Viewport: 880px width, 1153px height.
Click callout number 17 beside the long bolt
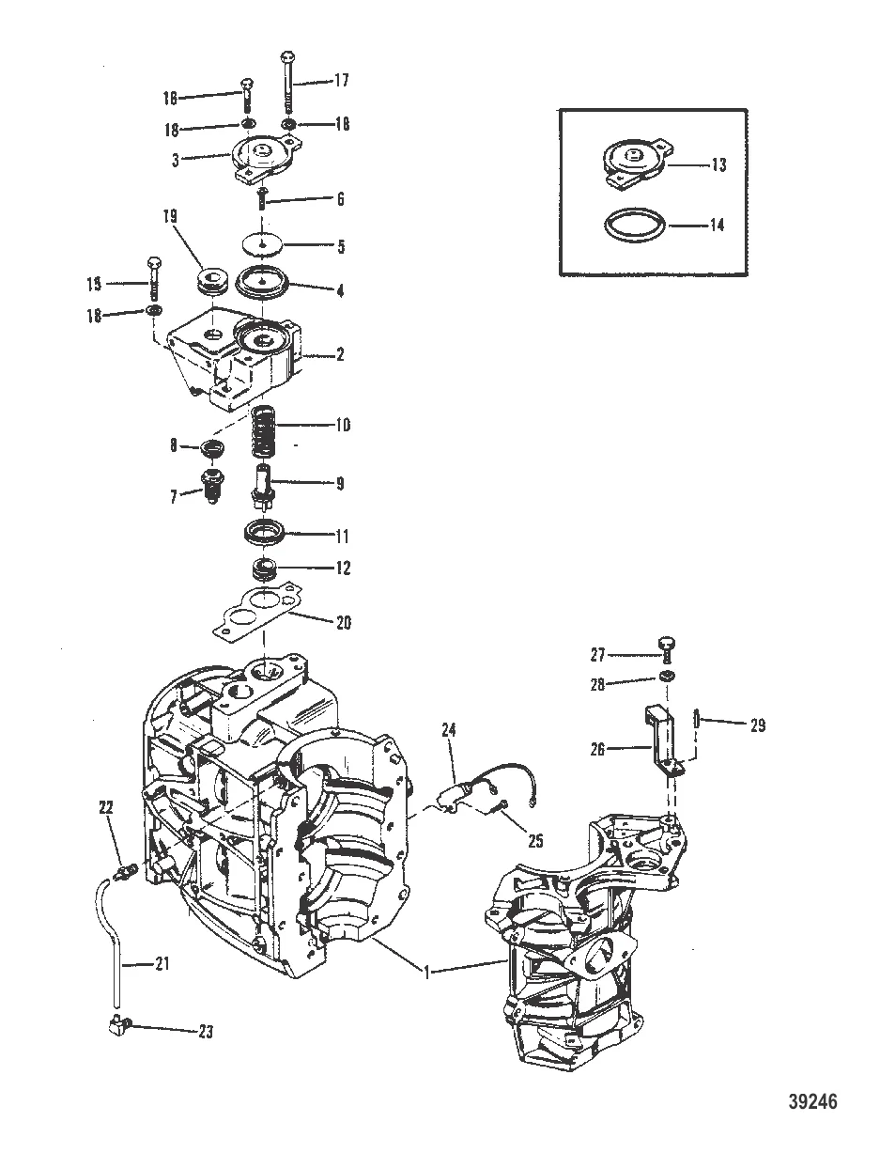(340, 81)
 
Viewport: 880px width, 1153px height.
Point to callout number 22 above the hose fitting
(105, 807)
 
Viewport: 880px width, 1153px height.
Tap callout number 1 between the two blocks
(428, 974)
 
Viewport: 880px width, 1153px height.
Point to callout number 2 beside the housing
(340, 355)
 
